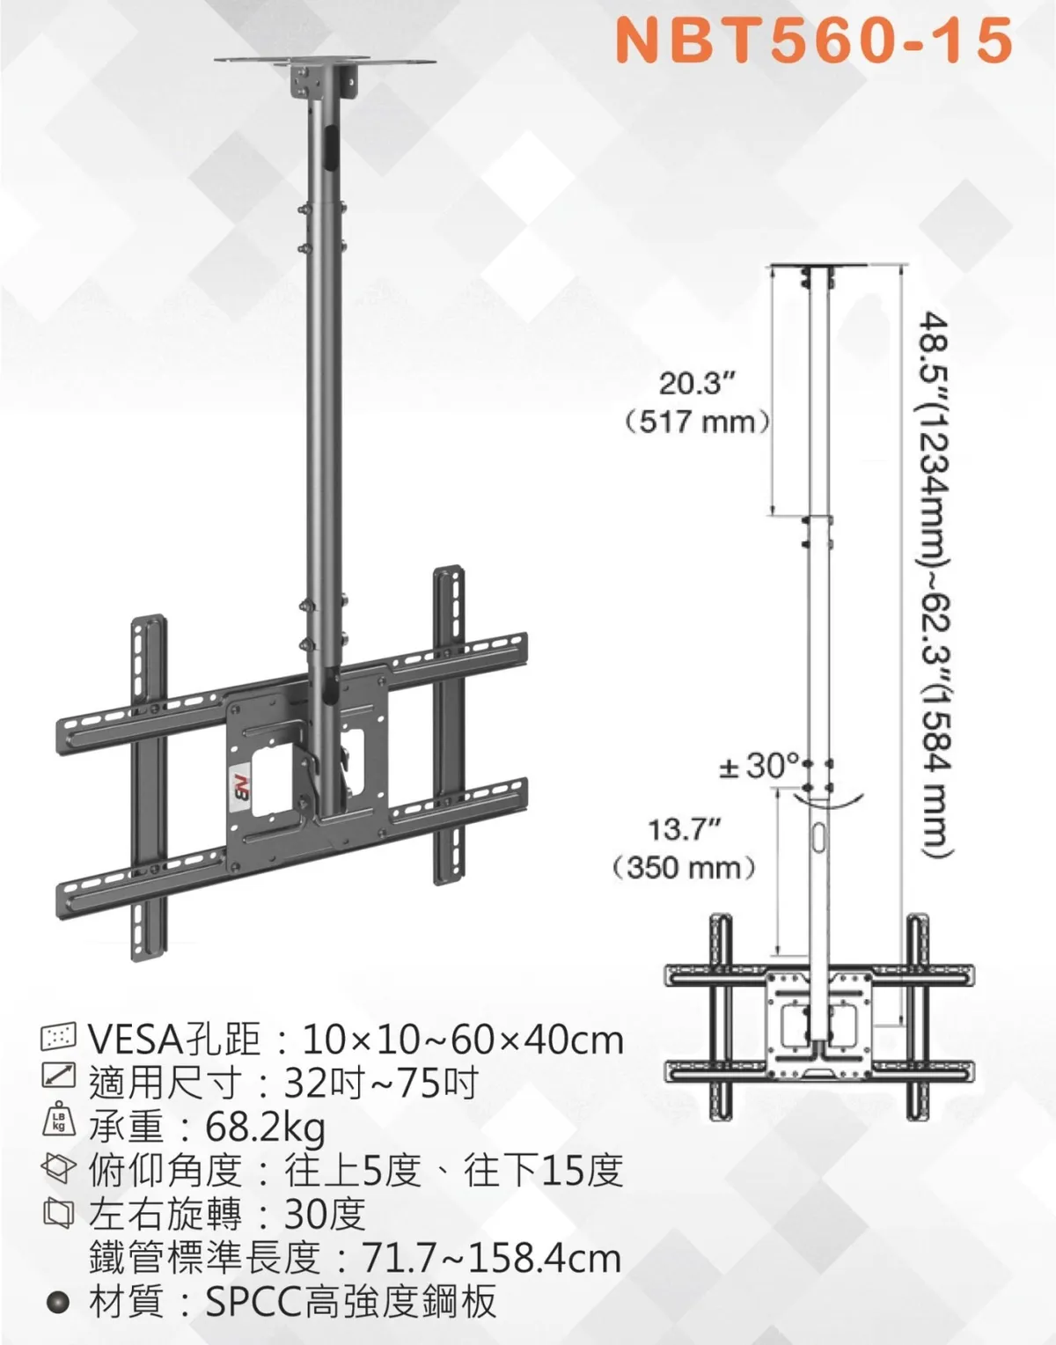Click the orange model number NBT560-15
click(814, 40)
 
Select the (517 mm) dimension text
click(698, 423)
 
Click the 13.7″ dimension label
click(683, 829)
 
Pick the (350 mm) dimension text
click(684, 868)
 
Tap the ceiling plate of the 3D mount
click(326, 62)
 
